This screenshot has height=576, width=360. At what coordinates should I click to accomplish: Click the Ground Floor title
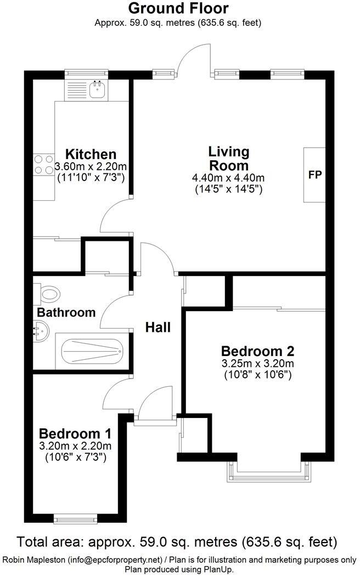point(178,8)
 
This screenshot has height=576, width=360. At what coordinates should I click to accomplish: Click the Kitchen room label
point(91,154)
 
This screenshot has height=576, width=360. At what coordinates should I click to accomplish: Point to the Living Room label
point(229,158)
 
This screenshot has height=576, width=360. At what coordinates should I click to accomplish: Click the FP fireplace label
point(314,175)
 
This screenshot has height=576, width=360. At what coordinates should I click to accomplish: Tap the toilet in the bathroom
point(47,293)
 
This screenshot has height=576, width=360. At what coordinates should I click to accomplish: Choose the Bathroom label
point(66,313)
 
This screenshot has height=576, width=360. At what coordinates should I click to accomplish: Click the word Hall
point(158,327)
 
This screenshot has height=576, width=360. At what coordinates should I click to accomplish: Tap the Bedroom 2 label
point(257,351)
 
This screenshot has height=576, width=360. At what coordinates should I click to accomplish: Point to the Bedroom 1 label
point(76,433)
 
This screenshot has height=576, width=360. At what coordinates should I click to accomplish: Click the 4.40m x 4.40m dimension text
point(228,178)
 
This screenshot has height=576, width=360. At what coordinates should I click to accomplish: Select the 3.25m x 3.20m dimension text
point(257,364)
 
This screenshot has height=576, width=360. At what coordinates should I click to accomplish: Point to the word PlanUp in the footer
point(203,570)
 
